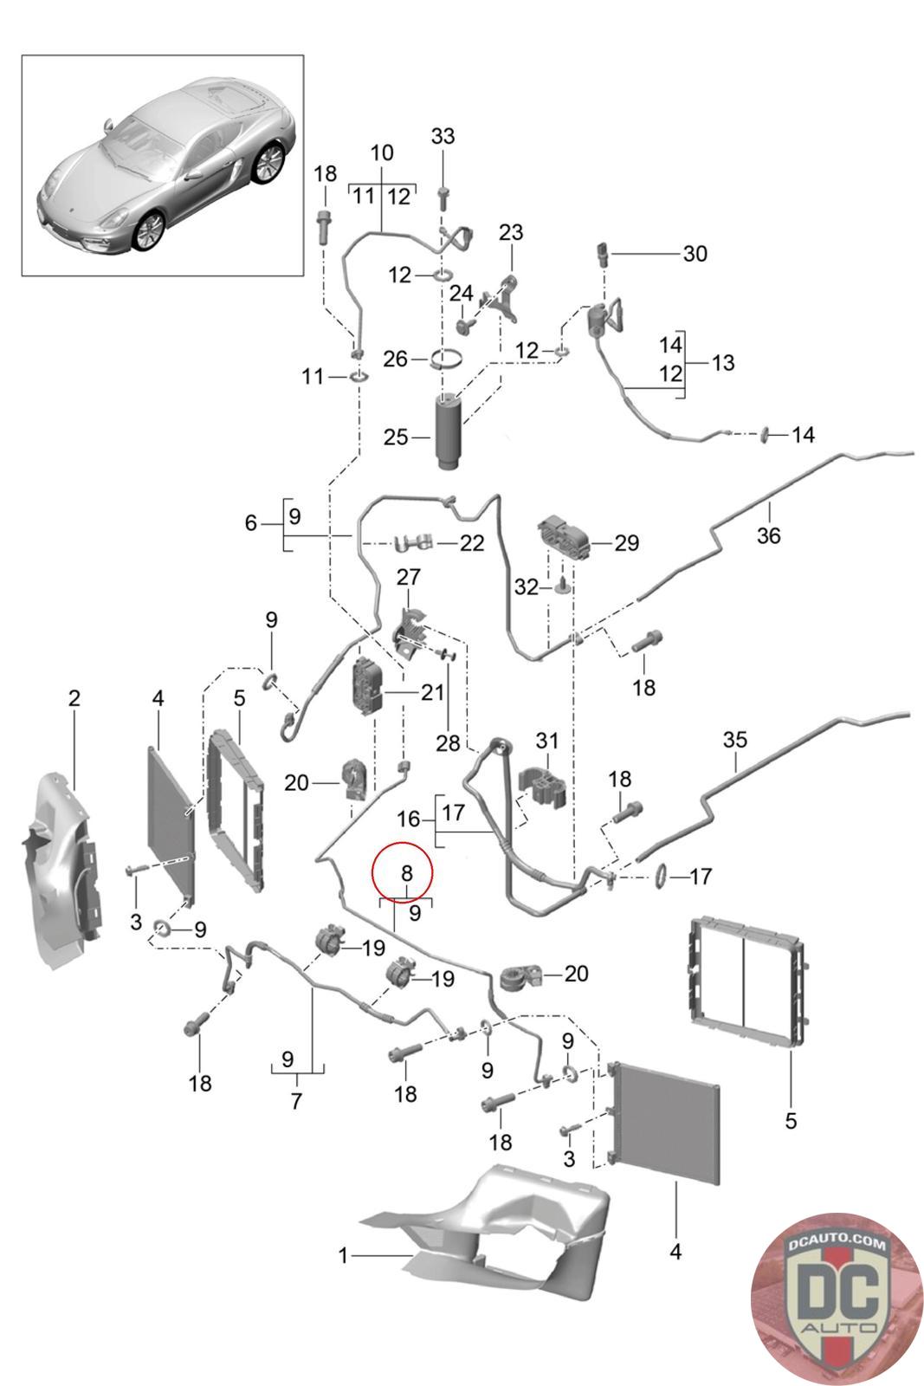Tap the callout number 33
[443, 137]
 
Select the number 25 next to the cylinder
[396, 437]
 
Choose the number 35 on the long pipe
[734, 741]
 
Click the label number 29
[626, 543]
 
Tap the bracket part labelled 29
[564, 537]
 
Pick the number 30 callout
[695, 254]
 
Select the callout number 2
[74, 697]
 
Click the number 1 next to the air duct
[344, 1254]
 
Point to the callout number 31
[547, 741]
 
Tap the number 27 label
[408, 577]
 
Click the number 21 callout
[432, 692]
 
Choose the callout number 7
[296, 1102]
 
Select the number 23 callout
[511, 232]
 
